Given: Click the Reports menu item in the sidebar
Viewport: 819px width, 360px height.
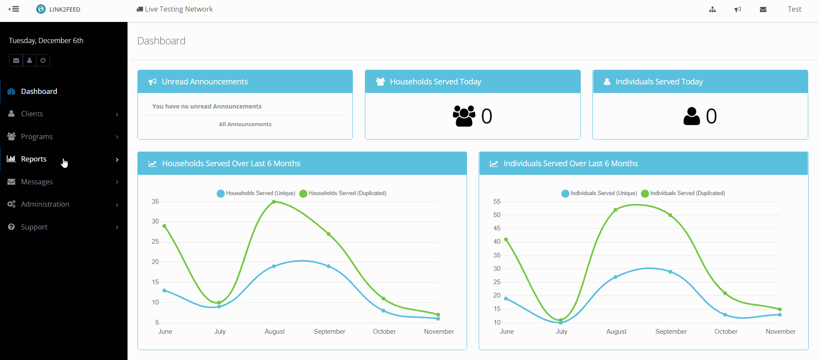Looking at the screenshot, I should [x=34, y=159].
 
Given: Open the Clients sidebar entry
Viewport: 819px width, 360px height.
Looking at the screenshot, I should [x=32, y=114].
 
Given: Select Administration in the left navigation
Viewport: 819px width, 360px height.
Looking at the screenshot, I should [x=45, y=204].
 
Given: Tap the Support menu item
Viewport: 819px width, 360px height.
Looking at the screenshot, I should [x=34, y=227].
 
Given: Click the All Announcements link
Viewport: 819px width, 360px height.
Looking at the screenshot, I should [x=245, y=124].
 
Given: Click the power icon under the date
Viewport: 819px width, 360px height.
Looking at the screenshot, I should [x=43, y=60].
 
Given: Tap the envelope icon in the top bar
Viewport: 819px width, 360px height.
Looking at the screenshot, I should [x=763, y=9].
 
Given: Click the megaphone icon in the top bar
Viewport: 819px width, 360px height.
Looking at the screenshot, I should [x=738, y=9].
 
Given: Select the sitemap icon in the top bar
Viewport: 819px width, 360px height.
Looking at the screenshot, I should [x=713, y=9].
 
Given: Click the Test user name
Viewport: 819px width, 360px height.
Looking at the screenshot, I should [x=794, y=9].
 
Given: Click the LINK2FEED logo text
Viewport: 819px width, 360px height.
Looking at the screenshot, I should [x=65, y=9].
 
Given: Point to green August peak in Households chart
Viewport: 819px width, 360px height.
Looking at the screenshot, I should [x=274, y=202].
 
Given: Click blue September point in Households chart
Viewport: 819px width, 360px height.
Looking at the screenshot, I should [x=329, y=266].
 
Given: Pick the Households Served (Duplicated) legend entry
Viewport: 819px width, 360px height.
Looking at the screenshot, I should [x=343, y=193].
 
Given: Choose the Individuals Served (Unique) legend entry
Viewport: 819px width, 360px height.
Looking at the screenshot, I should [x=599, y=193].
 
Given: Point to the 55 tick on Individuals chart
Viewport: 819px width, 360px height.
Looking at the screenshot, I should [x=497, y=202].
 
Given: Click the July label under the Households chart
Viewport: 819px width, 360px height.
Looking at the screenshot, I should [x=220, y=332].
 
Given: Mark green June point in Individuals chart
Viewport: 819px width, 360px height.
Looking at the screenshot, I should [x=506, y=239].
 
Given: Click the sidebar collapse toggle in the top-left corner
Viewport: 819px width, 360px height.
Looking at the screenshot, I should [x=14, y=9].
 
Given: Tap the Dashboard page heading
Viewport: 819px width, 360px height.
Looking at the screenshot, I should [x=161, y=41].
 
